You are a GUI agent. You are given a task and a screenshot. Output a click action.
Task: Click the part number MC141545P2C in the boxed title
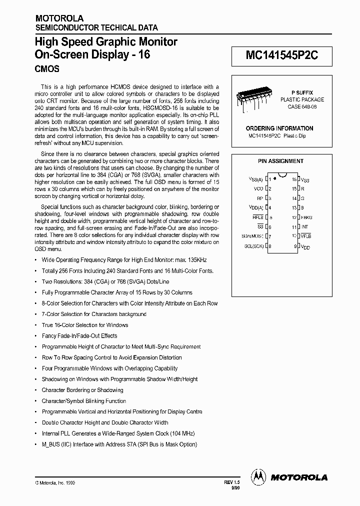click(281, 56)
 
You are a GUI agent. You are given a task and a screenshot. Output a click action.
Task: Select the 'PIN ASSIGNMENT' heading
click(280, 161)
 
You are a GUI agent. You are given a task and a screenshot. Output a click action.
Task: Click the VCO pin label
click(258, 188)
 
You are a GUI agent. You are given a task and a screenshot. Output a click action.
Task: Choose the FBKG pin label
click(306, 217)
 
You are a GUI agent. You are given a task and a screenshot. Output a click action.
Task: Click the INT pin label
click(304, 226)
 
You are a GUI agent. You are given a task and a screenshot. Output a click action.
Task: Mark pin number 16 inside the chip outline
click(294, 178)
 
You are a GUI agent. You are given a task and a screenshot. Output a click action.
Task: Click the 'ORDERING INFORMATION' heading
click(279, 128)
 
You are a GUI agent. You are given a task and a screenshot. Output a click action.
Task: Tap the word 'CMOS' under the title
click(47, 68)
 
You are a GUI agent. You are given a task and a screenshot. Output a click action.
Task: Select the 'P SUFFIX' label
click(302, 93)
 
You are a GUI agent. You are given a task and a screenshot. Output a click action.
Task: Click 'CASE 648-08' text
click(302, 106)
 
